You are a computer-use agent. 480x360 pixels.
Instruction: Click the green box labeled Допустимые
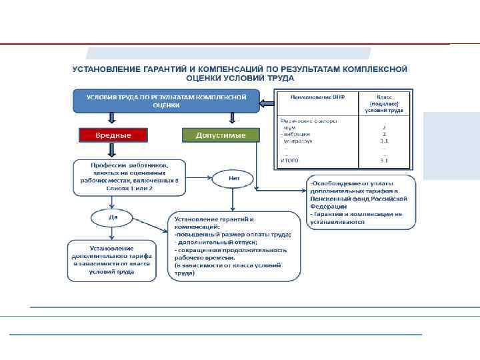220,135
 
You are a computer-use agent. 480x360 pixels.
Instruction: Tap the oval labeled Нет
233,179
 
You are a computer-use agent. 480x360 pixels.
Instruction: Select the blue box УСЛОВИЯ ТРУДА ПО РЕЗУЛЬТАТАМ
166,101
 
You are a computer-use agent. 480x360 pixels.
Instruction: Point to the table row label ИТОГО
289,160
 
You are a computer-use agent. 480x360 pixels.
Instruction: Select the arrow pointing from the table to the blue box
266,103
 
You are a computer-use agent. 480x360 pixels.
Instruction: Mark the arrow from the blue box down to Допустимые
231,119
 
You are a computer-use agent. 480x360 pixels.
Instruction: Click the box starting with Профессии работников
129,177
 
